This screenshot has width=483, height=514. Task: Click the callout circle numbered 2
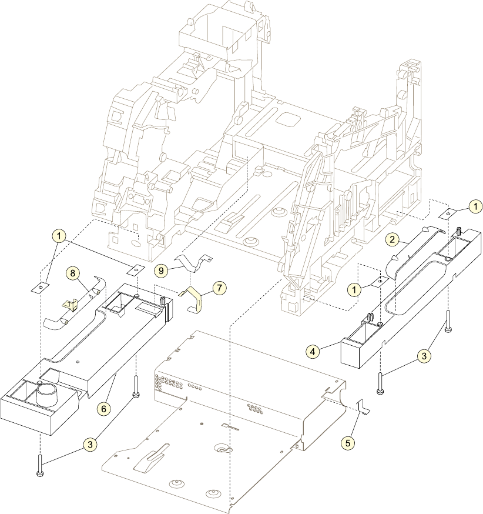[393, 240]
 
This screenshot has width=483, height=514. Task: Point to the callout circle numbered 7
[220, 288]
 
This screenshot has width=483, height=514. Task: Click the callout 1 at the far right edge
[475, 206]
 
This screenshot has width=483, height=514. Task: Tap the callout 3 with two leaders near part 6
[90, 445]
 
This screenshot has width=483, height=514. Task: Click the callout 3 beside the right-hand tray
[423, 355]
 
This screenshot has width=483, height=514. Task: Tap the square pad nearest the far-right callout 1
[448, 213]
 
